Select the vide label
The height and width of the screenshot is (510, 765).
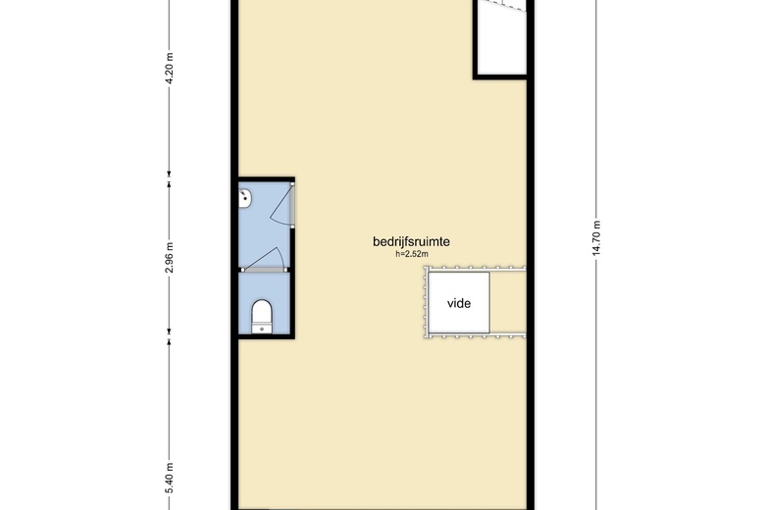coord(459,303)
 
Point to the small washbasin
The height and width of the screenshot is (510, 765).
coord(246,200)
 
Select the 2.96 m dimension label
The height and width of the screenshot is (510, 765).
coord(169,260)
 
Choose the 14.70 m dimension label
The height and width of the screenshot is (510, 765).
coord(595,239)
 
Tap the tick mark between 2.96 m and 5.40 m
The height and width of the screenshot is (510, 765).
coord(169,340)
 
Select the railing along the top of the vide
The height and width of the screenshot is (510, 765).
coord(475,268)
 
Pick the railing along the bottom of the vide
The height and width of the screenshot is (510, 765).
coord(475,337)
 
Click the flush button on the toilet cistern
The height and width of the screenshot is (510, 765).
coord(261,330)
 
